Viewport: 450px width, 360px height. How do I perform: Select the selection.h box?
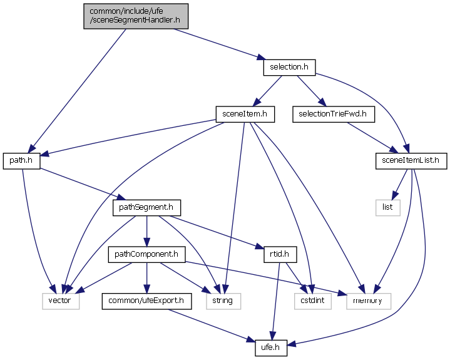point(289,66)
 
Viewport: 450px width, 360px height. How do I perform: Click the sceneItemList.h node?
point(409,160)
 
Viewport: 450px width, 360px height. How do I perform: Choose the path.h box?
point(22,160)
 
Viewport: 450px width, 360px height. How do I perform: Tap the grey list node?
point(387,207)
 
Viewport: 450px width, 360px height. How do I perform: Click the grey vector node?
point(61,301)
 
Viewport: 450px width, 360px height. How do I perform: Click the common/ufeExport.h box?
point(146,301)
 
